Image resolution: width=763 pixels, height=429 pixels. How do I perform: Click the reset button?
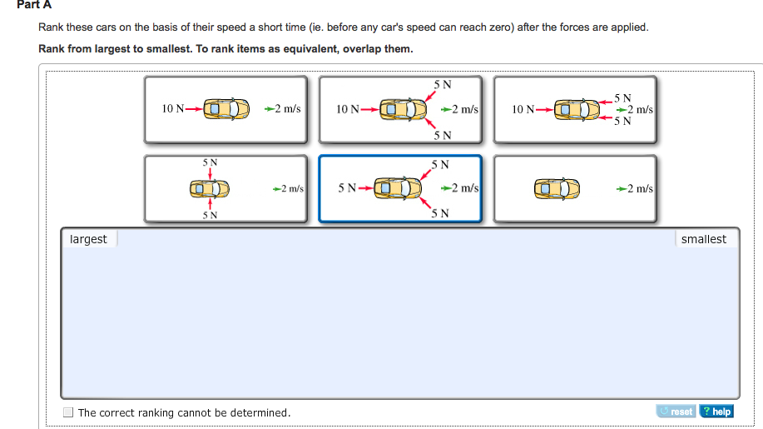(676, 412)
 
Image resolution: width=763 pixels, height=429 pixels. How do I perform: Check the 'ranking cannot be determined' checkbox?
(68, 412)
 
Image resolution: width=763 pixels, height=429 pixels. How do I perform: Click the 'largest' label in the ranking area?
(88, 239)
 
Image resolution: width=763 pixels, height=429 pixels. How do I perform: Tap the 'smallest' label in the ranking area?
(704, 239)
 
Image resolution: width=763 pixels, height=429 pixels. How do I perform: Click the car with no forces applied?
(557, 188)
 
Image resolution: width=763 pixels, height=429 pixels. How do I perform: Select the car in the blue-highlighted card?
(398, 188)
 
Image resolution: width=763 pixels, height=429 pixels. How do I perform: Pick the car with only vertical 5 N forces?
(209, 188)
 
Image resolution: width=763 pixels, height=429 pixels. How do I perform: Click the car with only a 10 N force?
(226, 108)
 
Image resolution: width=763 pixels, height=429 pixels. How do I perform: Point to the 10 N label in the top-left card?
(173, 108)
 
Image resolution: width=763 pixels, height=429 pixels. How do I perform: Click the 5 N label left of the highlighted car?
(347, 188)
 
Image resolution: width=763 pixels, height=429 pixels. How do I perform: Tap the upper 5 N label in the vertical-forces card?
(210, 162)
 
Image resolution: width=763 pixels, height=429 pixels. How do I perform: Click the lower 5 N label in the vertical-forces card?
(210, 215)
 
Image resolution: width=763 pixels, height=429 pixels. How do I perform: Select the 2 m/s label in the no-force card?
(640, 188)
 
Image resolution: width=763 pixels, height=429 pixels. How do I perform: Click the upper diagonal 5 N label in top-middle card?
(443, 84)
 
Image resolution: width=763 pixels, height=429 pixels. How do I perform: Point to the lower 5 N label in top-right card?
(622, 121)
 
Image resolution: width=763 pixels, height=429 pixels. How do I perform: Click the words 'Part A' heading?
(34, 4)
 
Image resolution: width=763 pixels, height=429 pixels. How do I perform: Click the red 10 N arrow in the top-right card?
(544, 110)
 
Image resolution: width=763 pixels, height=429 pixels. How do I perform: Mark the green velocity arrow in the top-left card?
(270, 108)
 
